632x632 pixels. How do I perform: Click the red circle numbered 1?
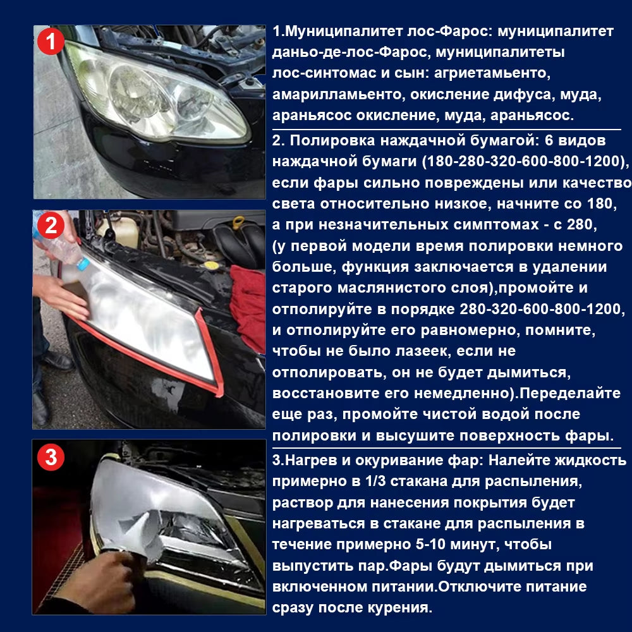point(51,42)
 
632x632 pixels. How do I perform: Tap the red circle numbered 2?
point(51,226)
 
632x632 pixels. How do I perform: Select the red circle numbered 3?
point(51,458)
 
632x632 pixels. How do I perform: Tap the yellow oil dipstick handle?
point(238,223)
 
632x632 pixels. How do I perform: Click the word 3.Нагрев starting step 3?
point(307,460)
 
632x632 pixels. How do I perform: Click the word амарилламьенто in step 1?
point(338,95)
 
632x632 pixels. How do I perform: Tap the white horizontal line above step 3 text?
point(446,447)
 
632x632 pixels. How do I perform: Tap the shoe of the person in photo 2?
point(58,361)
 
